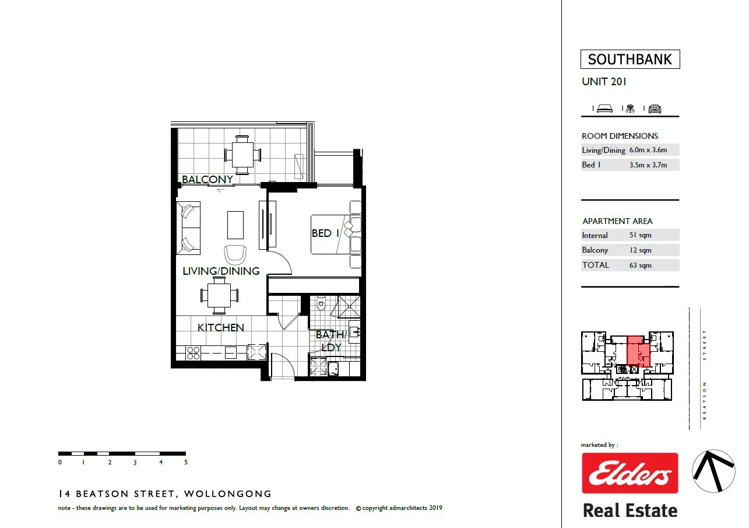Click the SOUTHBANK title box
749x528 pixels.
tap(630, 60)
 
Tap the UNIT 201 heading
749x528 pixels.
tap(604, 82)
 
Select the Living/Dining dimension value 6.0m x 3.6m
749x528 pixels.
tap(648, 150)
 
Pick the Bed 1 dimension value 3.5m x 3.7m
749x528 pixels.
tap(648, 165)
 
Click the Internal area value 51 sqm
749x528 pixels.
tap(640, 235)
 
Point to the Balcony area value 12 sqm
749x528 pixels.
tap(640, 250)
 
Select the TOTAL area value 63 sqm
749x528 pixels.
tap(640, 265)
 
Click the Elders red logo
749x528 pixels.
tap(630, 473)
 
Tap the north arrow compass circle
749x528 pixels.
tap(713, 470)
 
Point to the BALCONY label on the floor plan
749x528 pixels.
tap(208, 180)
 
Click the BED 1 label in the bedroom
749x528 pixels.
tap(325, 233)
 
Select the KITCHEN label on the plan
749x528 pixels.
tap(220, 328)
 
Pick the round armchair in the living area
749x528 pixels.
tap(235, 254)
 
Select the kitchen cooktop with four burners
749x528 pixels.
tap(193, 353)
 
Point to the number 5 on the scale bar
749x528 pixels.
tap(186, 463)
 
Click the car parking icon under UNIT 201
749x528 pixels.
tap(655, 109)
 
